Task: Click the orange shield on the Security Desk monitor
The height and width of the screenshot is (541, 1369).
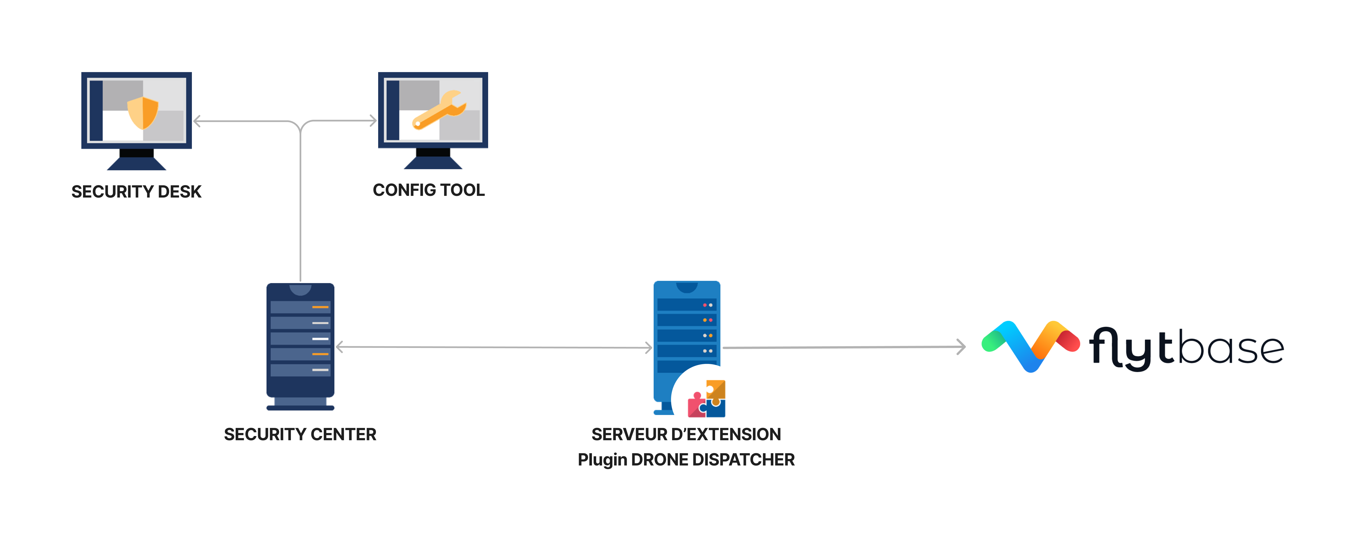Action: pyautogui.click(x=143, y=113)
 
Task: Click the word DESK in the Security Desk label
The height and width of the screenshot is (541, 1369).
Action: pyautogui.click(x=180, y=192)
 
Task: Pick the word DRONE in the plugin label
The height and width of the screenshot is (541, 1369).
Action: pyautogui.click(x=660, y=460)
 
